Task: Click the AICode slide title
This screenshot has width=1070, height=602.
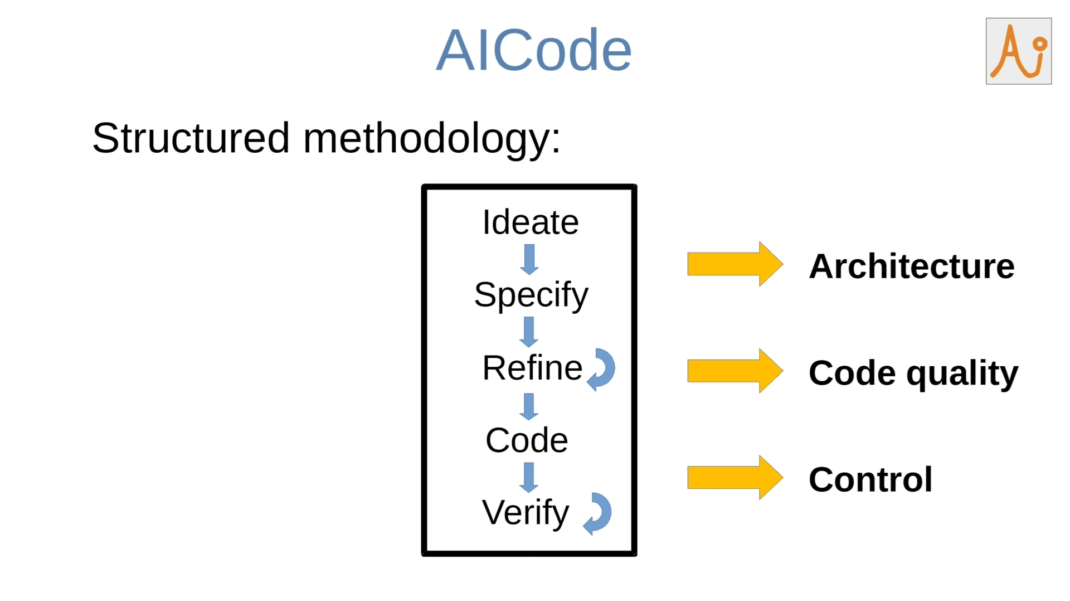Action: point(533,50)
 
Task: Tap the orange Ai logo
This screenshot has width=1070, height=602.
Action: point(1018,51)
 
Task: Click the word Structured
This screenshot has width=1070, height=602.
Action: point(191,138)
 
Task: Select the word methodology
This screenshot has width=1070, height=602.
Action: point(431,139)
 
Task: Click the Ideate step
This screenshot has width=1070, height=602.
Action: point(530,222)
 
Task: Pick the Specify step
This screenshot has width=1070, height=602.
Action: point(531,295)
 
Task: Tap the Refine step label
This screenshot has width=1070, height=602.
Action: point(532,368)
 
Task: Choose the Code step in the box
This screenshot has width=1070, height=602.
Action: point(527,440)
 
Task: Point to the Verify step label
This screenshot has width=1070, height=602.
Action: point(526,513)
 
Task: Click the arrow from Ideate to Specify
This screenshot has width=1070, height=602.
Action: point(529,260)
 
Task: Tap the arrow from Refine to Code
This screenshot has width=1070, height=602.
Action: point(529,406)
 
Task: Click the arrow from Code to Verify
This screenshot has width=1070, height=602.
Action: point(529,478)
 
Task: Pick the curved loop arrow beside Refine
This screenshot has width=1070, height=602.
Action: point(602,370)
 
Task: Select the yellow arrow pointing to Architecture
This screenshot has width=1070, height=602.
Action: point(735,264)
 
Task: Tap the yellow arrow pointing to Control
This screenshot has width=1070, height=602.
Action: point(735,478)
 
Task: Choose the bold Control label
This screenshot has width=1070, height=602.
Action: point(870,479)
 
